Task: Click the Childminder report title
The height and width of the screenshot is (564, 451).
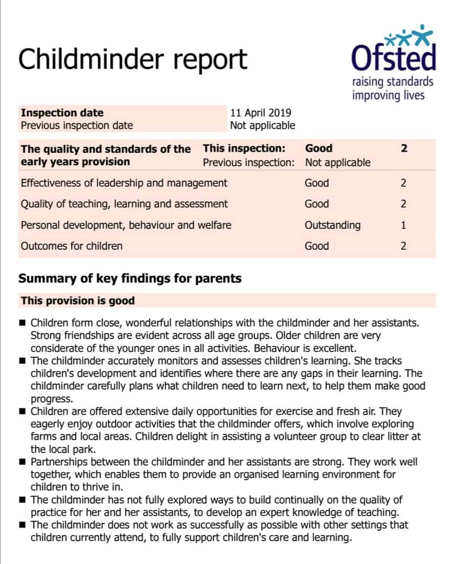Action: click(x=133, y=60)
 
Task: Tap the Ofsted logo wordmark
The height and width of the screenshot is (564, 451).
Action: click(x=393, y=58)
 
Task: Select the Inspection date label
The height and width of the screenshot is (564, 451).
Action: click(x=62, y=113)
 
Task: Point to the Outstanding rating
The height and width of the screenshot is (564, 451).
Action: click(x=332, y=225)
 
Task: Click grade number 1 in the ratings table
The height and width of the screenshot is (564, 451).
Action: click(x=403, y=225)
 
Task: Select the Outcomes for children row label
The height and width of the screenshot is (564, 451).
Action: click(x=71, y=246)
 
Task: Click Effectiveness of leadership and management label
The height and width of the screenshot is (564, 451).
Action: click(x=124, y=183)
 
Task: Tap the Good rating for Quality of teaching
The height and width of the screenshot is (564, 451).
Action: click(x=317, y=204)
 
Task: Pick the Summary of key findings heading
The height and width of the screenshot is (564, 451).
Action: click(x=130, y=279)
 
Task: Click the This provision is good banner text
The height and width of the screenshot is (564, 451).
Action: click(x=78, y=301)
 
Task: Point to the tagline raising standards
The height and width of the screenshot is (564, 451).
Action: click(x=392, y=81)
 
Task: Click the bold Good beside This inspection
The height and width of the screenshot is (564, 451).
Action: click(x=318, y=148)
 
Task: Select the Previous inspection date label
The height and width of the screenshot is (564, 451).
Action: click(x=77, y=125)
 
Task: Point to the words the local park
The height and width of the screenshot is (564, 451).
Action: click(x=59, y=449)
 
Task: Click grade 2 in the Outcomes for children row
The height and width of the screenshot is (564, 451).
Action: click(x=403, y=246)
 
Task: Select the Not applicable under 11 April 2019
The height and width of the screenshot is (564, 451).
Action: click(x=263, y=125)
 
